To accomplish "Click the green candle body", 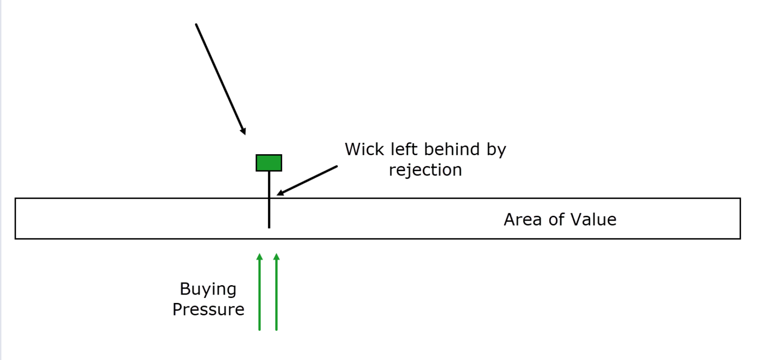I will (269, 163).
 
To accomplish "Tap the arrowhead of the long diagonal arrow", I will (244, 131).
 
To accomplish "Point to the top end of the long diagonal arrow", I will (196, 24).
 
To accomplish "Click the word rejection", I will (425, 170).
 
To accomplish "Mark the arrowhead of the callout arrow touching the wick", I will (279, 194).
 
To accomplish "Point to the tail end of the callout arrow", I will (337, 166).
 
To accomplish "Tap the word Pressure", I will (208, 310).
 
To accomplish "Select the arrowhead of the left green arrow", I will (259, 256).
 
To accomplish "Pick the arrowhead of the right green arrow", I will (276, 256).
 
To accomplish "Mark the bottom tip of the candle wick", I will (269, 228).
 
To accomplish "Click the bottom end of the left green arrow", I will (259, 330).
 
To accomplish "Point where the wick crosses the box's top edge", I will (269, 198).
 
